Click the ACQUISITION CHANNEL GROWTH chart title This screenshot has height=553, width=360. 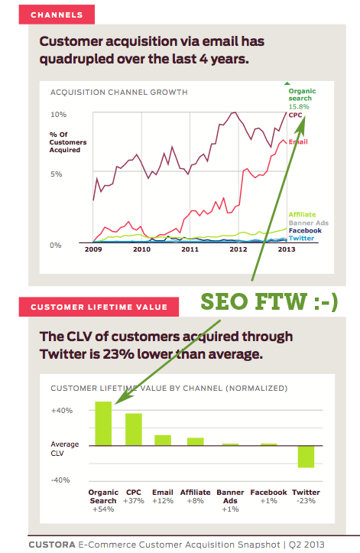118,93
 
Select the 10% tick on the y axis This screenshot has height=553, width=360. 59,115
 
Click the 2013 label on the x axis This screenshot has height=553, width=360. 287,249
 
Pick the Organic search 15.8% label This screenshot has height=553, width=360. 302,99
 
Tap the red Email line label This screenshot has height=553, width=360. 298,143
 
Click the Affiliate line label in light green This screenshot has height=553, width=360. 303,214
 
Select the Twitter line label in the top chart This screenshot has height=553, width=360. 300,239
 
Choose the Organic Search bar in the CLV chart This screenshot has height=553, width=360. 103,424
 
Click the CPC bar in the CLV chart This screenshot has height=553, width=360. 134,429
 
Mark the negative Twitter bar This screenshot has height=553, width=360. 306,456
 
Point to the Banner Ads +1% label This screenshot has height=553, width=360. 230,501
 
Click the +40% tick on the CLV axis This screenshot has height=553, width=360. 62,411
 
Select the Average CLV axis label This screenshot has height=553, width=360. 65,447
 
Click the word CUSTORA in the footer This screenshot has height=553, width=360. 52,545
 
